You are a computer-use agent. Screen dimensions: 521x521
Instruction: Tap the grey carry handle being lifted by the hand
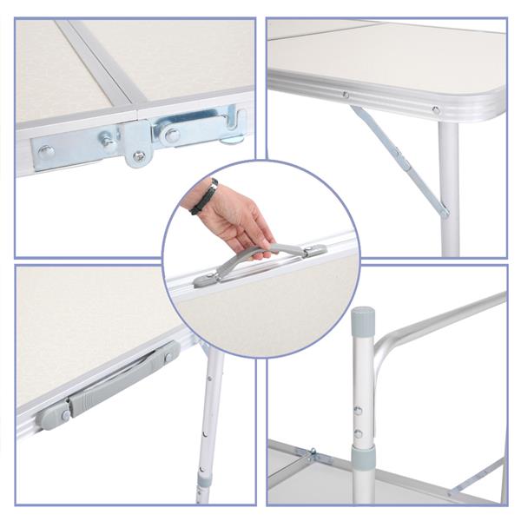click(x=260, y=257)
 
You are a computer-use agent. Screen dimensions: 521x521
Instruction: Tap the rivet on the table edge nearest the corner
click(x=436, y=110)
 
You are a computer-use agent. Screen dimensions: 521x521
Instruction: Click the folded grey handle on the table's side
click(x=113, y=382)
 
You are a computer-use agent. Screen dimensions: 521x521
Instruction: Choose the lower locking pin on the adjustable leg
click(x=358, y=432)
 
